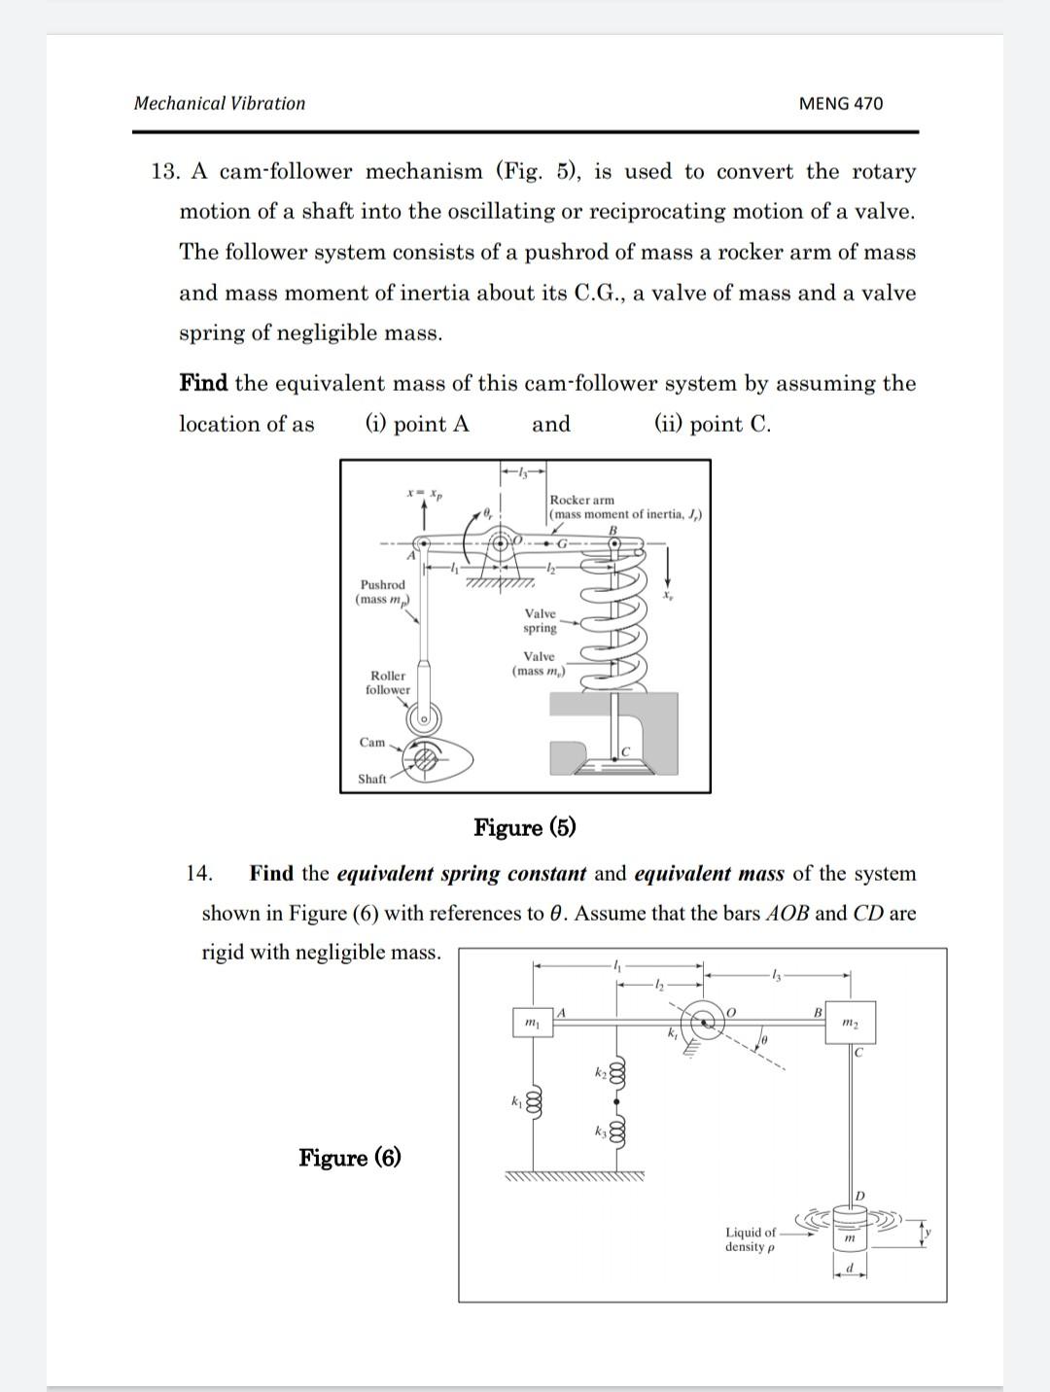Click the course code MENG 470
coord(840,103)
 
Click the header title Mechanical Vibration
coord(219,103)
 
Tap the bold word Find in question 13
coord(202,383)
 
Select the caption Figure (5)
coord(524,827)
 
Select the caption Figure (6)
coord(349,1157)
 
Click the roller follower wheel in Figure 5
coord(424,719)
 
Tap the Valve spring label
coord(540,620)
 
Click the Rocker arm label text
coord(582,500)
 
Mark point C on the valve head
coord(625,751)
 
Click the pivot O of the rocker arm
coord(502,540)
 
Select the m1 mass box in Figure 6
coord(532,1023)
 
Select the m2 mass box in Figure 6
coord(850,1023)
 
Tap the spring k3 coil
coord(616,1131)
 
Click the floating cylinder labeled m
coord(849,1234)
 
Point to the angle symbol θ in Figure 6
coord(764,1041)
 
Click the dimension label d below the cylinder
coord(849,1268)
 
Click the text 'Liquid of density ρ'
coord(750,1238)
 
